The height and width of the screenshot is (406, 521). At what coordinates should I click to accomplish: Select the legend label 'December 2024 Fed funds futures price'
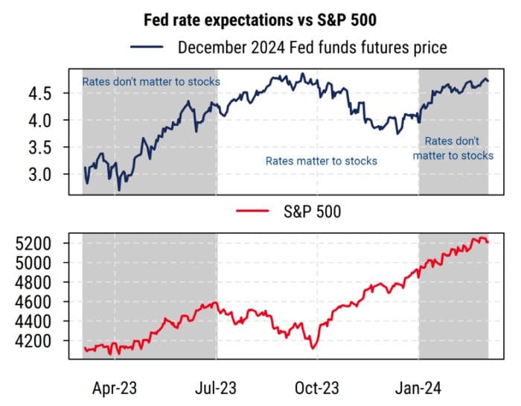coord(313,48)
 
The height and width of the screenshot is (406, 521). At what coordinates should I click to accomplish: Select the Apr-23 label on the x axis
coord(115,388)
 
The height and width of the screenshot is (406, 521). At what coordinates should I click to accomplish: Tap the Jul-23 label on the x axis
coord(217,388)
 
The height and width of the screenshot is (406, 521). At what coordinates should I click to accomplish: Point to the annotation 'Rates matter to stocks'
coord(322,161)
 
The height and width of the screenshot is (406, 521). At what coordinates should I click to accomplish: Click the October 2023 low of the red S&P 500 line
coord(313,348)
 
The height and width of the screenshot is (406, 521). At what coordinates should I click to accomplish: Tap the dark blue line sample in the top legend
coord(147,48)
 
